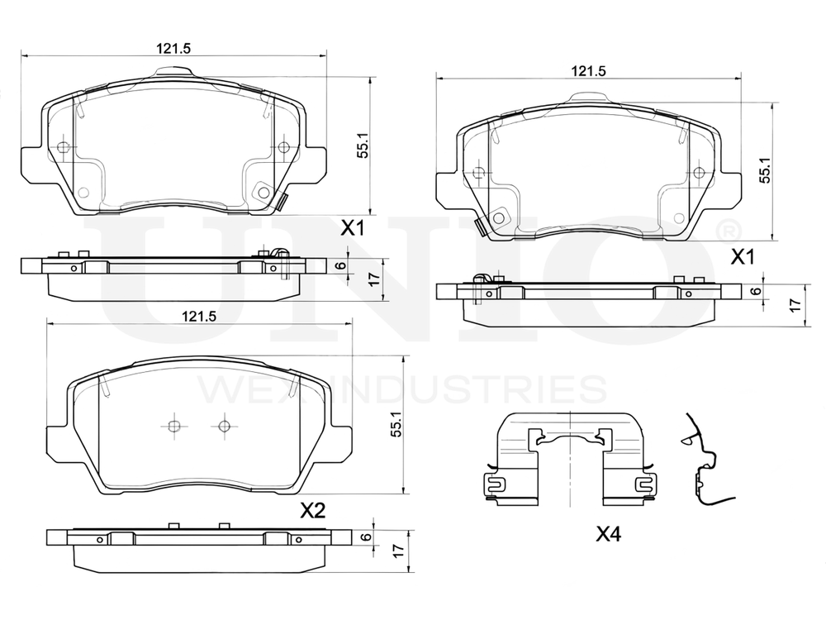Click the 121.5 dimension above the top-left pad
173,48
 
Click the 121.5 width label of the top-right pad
588,70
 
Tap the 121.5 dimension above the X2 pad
199,317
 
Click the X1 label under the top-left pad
353,229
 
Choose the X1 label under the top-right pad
743,257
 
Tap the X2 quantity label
313,510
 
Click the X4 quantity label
609,535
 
